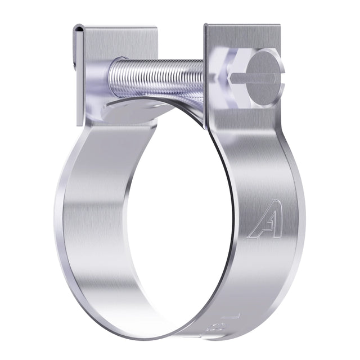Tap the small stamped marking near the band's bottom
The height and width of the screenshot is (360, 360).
pos(217,325)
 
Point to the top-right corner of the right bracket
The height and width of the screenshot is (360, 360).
pos(280,25)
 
